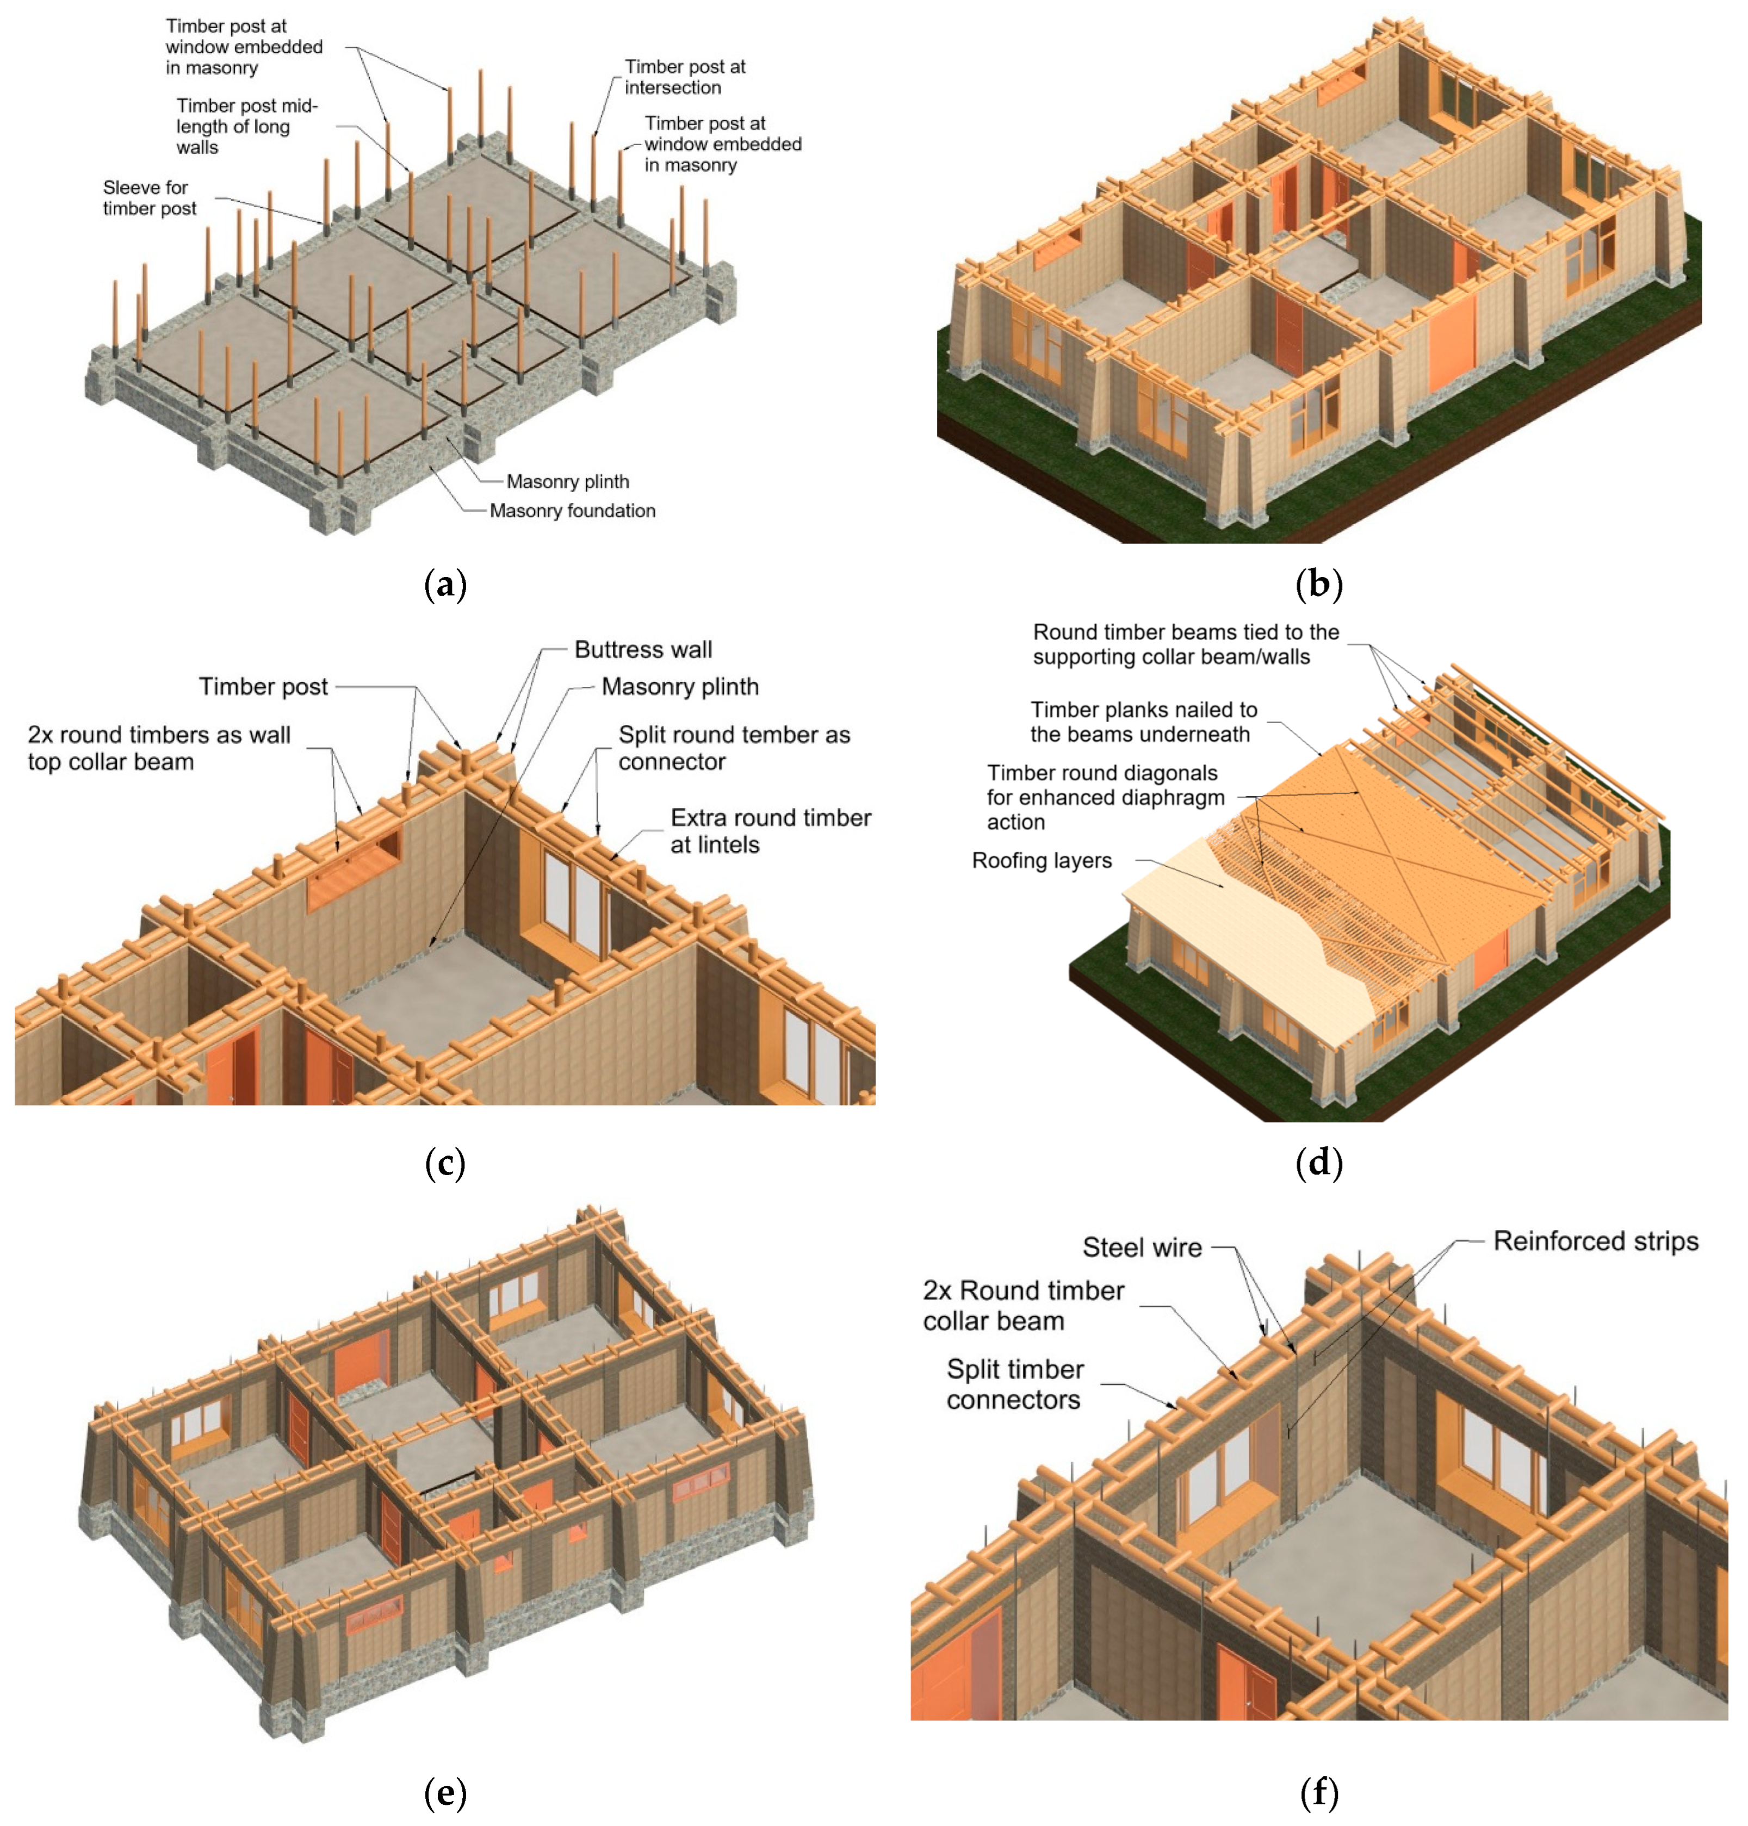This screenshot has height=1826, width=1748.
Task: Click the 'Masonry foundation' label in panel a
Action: pyautogui.click(x=572, y=511)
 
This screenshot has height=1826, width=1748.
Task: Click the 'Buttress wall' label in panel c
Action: pyautogui.click(x=643, y=649)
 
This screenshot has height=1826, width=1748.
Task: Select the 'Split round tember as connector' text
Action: pyautogui.click(x=733, y=748)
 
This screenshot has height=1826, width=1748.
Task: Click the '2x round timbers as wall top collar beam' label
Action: pyautogui.click(x=158, y=748)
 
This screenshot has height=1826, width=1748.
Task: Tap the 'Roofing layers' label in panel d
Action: pyautogui.click(x=1041, y=860)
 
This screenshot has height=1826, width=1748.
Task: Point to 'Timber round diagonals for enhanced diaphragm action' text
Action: pyautogui.click(x=1104, y=798)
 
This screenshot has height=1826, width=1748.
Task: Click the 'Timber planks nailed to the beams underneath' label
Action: pyautogui.click(x=1142, y=722)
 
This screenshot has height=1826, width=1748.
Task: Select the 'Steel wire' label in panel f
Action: pyautogui.click(x=1142, y=1247)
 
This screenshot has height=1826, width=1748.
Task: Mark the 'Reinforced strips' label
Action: pyautogui.click(x=1595, y=1241)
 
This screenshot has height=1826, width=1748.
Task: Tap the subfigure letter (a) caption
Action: pyautogui.click(x=444, y=585)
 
